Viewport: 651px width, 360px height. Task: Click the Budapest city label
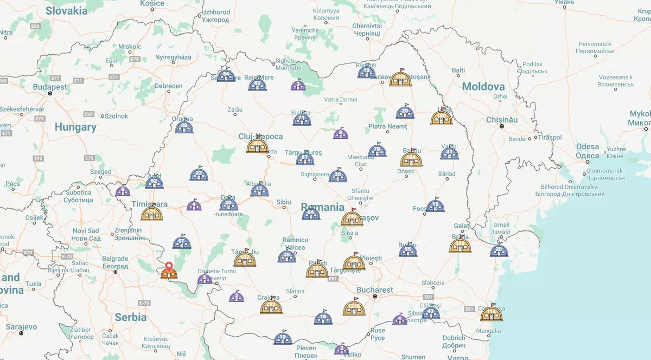(50, 87)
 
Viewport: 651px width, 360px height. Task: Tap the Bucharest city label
(374, 290)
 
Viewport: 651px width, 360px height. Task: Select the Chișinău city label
(502, 119)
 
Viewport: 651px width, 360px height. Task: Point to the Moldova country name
(483, 87)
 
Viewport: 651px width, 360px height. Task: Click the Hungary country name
(75, 127)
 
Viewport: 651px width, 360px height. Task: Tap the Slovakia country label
(67, 11)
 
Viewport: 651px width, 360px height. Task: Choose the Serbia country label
(130, 317)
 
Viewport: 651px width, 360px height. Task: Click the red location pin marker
(169, 267)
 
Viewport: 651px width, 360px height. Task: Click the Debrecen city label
(168, 86)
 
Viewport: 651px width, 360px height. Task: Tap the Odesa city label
(588, 146)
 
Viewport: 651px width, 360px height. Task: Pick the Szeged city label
(100, 172)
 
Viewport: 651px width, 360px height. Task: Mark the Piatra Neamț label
(387, 126)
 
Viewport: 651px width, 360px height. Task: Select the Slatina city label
(295, 291)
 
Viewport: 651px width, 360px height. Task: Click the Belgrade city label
(115, 259)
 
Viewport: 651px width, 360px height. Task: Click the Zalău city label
(234, 110)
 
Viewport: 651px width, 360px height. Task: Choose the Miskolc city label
(130, 47)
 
